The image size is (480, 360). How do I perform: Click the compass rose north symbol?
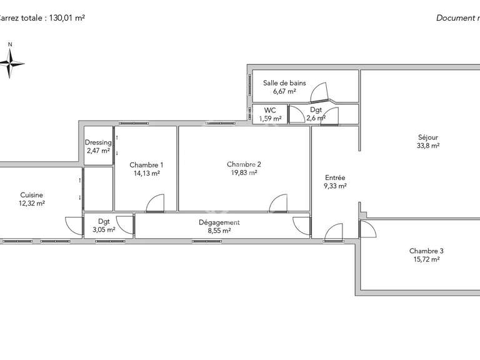(11, 61)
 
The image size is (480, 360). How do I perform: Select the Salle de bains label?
(284, 82)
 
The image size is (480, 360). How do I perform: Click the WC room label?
(270, 110)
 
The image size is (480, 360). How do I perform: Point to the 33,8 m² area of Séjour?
(428, 146)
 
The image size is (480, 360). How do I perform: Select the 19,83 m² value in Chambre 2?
(244, 173)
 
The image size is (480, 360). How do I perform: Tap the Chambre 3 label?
(426, 251)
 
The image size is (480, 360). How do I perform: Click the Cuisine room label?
(31, 194)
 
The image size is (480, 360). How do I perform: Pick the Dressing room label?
(97, 142)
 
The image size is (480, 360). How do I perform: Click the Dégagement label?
(219, 222)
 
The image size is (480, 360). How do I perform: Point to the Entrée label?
(335, 177)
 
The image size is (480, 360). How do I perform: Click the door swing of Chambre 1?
(154, 203)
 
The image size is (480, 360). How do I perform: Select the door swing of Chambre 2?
(278, 203)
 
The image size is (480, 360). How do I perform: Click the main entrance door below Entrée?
(334, 232)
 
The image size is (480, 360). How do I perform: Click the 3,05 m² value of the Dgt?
(103, 229)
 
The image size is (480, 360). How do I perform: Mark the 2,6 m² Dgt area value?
(316, 117)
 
